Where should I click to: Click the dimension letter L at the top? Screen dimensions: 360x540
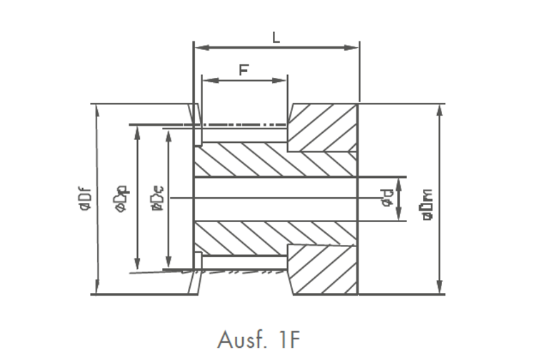276,37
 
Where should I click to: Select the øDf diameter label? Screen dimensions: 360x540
84,198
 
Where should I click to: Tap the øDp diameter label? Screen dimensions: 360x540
121,198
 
